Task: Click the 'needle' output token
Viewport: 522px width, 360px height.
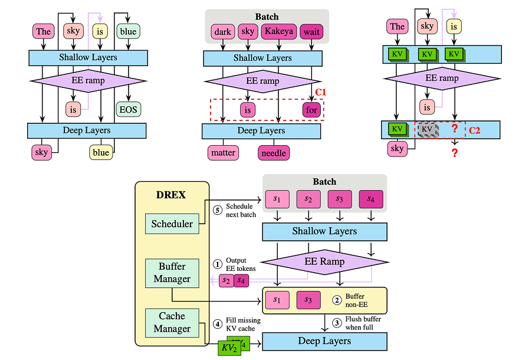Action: pos(274,153)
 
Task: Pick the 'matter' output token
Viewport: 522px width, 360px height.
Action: pos(223,153)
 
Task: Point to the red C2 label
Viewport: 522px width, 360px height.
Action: pos(474,130)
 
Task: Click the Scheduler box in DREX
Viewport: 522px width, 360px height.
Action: pos(172,224)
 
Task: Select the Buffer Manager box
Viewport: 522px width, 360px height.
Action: pos(172,273)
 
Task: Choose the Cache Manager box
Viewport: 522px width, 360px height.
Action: pos(172,322)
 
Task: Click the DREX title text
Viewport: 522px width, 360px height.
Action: pos(172,194)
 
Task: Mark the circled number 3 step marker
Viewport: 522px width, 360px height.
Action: pos(337,323)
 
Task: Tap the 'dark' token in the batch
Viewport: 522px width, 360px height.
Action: pos(222,31)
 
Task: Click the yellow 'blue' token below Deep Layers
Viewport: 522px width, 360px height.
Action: pos(101,152)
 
